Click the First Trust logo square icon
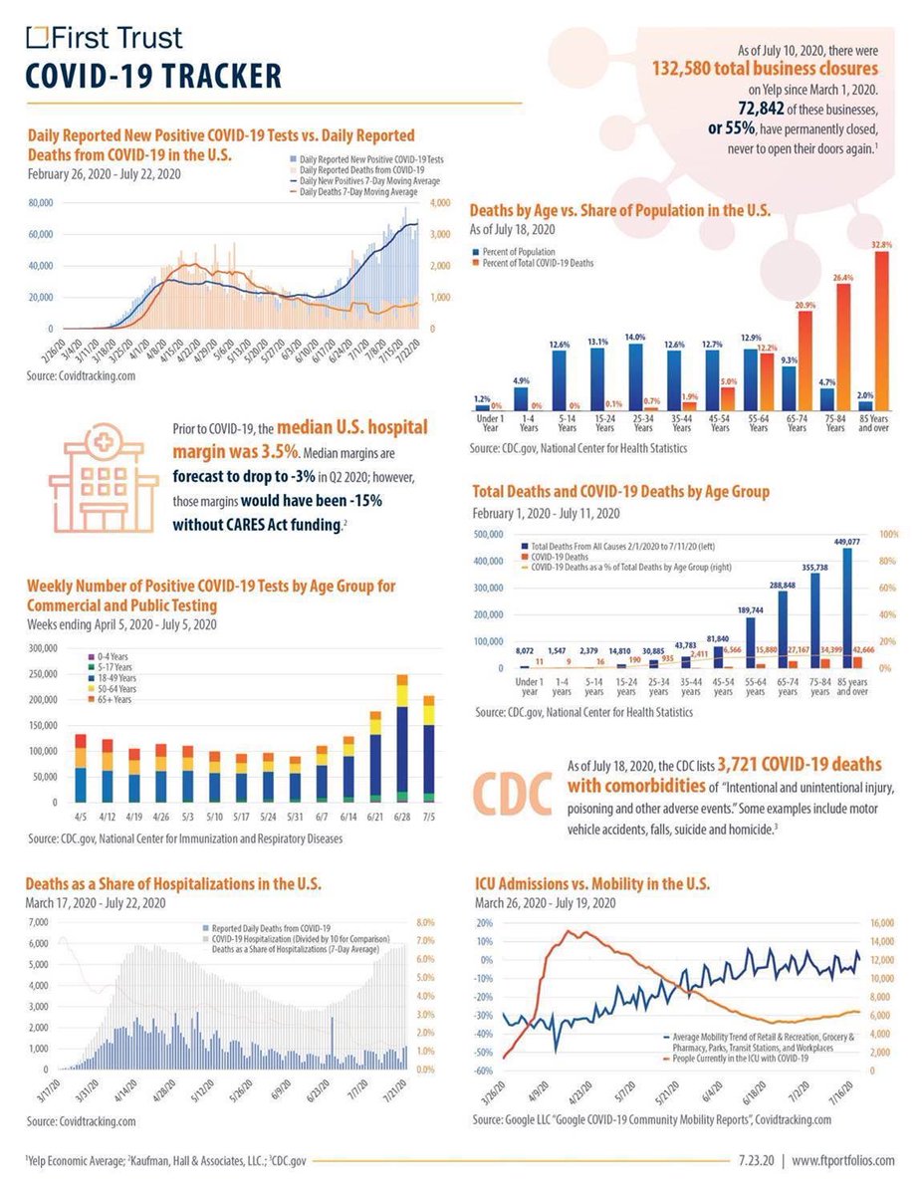(x=37, y=38)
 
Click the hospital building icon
(x=104, y=476)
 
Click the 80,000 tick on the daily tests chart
(x=40, y=202)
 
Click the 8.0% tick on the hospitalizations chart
(x=425, y=922)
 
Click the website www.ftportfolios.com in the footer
(x=844, y=1160)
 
